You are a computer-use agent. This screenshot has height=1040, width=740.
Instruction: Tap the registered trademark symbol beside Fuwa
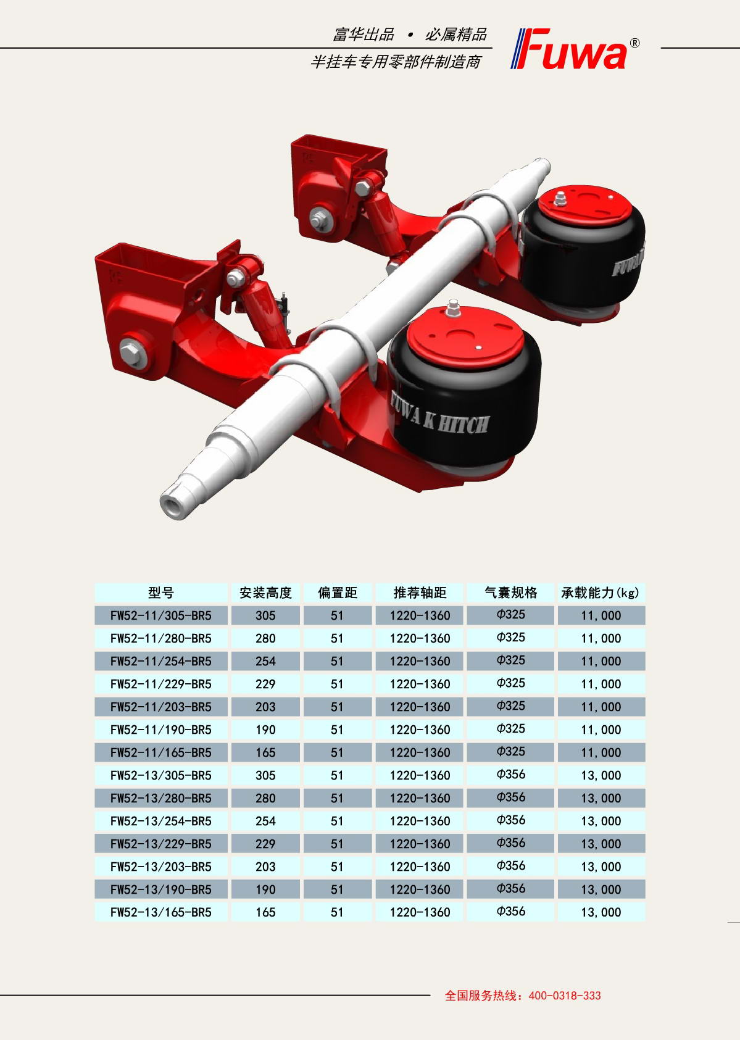(x=634, y=43)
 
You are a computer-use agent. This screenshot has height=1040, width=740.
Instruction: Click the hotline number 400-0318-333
(x=565, y=996)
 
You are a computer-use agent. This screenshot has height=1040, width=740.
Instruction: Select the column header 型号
(x=161, y=593)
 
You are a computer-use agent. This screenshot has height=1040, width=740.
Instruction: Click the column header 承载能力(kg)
(x=601, y=593)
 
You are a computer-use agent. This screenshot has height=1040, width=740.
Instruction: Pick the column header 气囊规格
(x=510, y=593)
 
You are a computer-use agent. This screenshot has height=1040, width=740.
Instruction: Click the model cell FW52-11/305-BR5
(x=161, y=615)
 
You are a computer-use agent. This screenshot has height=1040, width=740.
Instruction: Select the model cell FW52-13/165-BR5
(x=161, y=912)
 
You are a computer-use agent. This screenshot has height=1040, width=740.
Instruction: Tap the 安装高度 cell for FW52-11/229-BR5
(x=265, y=684)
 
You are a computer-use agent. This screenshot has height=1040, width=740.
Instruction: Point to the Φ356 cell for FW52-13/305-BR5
(x=510, y=775)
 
